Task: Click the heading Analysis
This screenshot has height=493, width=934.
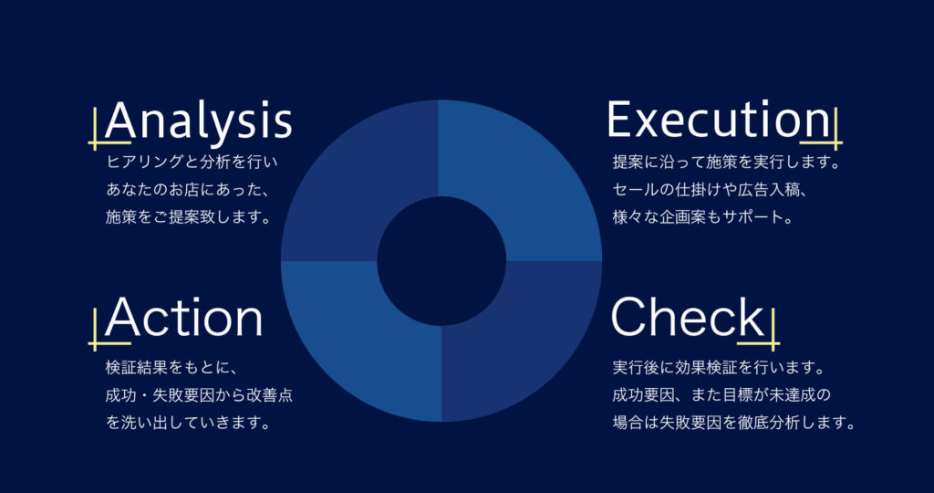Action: [199, 121]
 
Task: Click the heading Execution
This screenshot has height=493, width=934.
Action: [718, 120]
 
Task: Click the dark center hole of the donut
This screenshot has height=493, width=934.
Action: [441, 261]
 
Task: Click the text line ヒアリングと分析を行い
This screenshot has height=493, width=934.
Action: [192, 162]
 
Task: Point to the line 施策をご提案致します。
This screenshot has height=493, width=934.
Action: [188, 217]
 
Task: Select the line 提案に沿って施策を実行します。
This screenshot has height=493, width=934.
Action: [725, 162]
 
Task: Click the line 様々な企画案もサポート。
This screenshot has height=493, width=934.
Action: [702, 217]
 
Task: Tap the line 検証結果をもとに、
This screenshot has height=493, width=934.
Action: [171, 367]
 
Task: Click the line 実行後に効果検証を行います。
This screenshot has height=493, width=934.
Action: [718, 367]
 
